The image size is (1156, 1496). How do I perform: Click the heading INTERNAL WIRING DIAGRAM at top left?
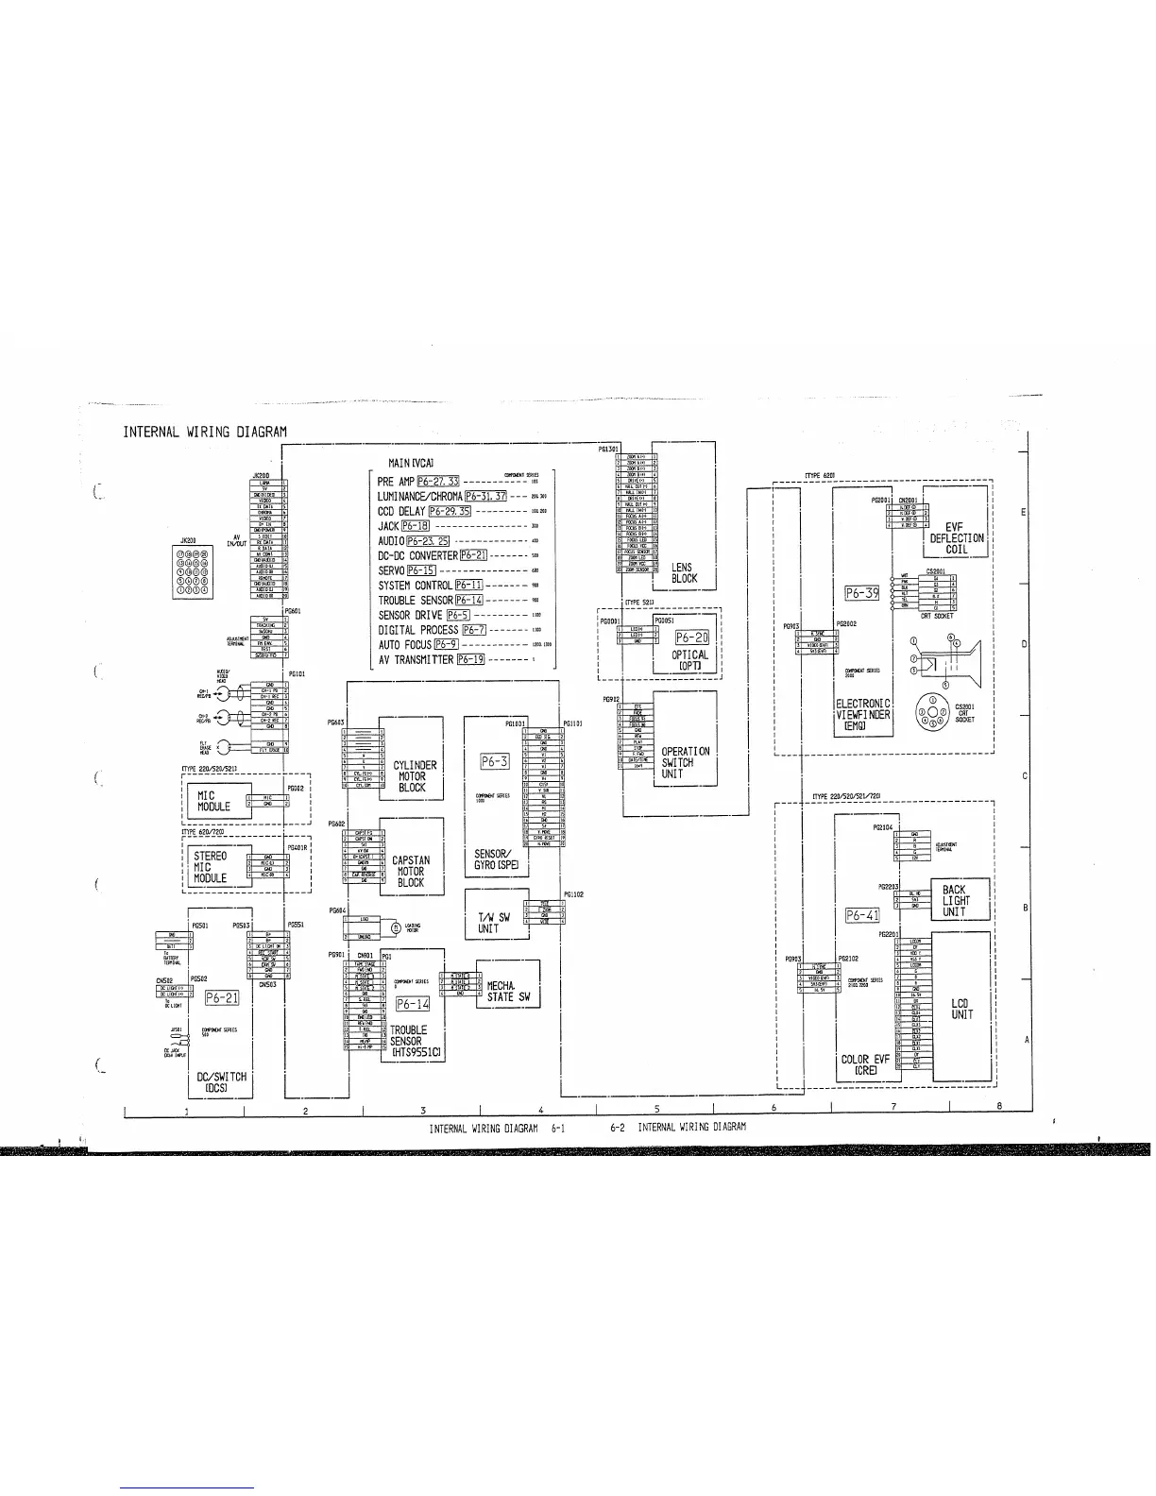(204, 433)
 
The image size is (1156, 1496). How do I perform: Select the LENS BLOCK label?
(684, 573)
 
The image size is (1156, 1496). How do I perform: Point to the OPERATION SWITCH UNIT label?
(685, 762)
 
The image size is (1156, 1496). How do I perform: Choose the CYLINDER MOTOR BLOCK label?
(412, 776)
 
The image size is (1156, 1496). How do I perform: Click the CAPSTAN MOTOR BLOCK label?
(411, 872)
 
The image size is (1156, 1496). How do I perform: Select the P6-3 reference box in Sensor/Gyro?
(495, 761)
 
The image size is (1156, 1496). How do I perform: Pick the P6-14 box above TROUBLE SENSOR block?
(412, 1005)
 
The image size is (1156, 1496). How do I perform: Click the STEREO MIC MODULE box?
(211, 867)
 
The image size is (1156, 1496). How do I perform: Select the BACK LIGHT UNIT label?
(955, 901)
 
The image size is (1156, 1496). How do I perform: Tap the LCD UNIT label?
(962, 1009)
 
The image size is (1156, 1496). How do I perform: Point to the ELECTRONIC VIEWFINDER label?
(863, 715)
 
